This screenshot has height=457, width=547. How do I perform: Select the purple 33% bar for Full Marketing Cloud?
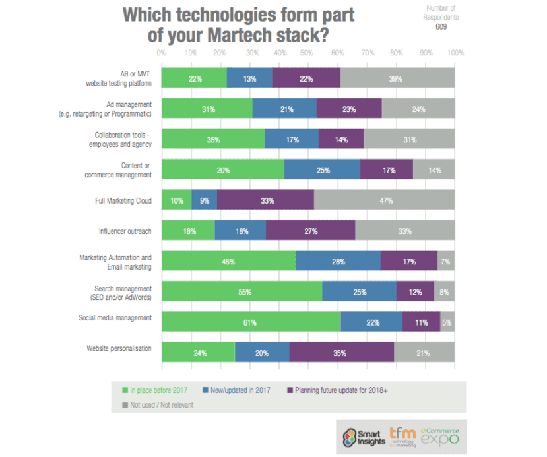(x=265, y=200)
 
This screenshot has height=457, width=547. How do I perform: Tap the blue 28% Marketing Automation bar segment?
(x=338, y=261)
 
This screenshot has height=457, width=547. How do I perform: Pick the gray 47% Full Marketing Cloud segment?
(x=385, y=200)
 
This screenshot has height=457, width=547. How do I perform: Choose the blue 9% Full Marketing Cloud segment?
(x=204, y=200)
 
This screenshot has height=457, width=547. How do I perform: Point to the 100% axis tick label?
(x=455, y=52)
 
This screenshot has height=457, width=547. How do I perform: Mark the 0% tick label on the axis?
(x=161, y=52)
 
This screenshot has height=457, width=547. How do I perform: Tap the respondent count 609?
(x=442, y=27)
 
